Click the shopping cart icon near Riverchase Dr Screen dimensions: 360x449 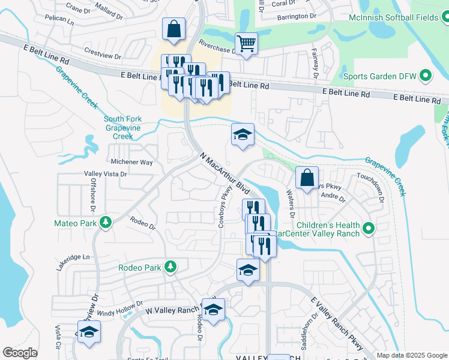click(x=246, y=43)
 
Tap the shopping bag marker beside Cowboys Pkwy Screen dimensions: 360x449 click(x=307, y=178)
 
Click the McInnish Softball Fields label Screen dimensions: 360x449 click(x=394, y=18)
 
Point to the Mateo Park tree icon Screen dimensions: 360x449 click(x=106, y=223)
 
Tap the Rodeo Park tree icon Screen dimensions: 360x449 click(x=170, y=266)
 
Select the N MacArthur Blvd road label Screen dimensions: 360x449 click(x=224, y=172)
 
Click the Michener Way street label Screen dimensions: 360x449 click(x=132, y=162)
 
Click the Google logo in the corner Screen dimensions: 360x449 click(x=20, y=352)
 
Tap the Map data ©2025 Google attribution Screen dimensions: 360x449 click(x=411, y=355)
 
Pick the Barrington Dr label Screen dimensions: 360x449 click(x=297, y=17)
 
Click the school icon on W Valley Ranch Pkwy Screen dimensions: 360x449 click(x=212, y=310)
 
